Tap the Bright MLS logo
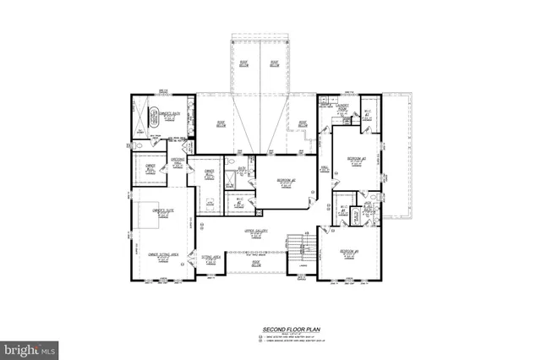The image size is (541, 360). pyautogui.click(x=30, y=347)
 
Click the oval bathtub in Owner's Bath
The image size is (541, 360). pyautogui.click(x=154, y=117)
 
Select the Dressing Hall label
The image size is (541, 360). pyautogui.click(x=178, y=161)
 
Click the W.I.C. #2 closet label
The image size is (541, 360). pyautogui.click(x=240, y=202)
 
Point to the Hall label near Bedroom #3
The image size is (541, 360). pyautogui.click(x=324, y=168)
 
